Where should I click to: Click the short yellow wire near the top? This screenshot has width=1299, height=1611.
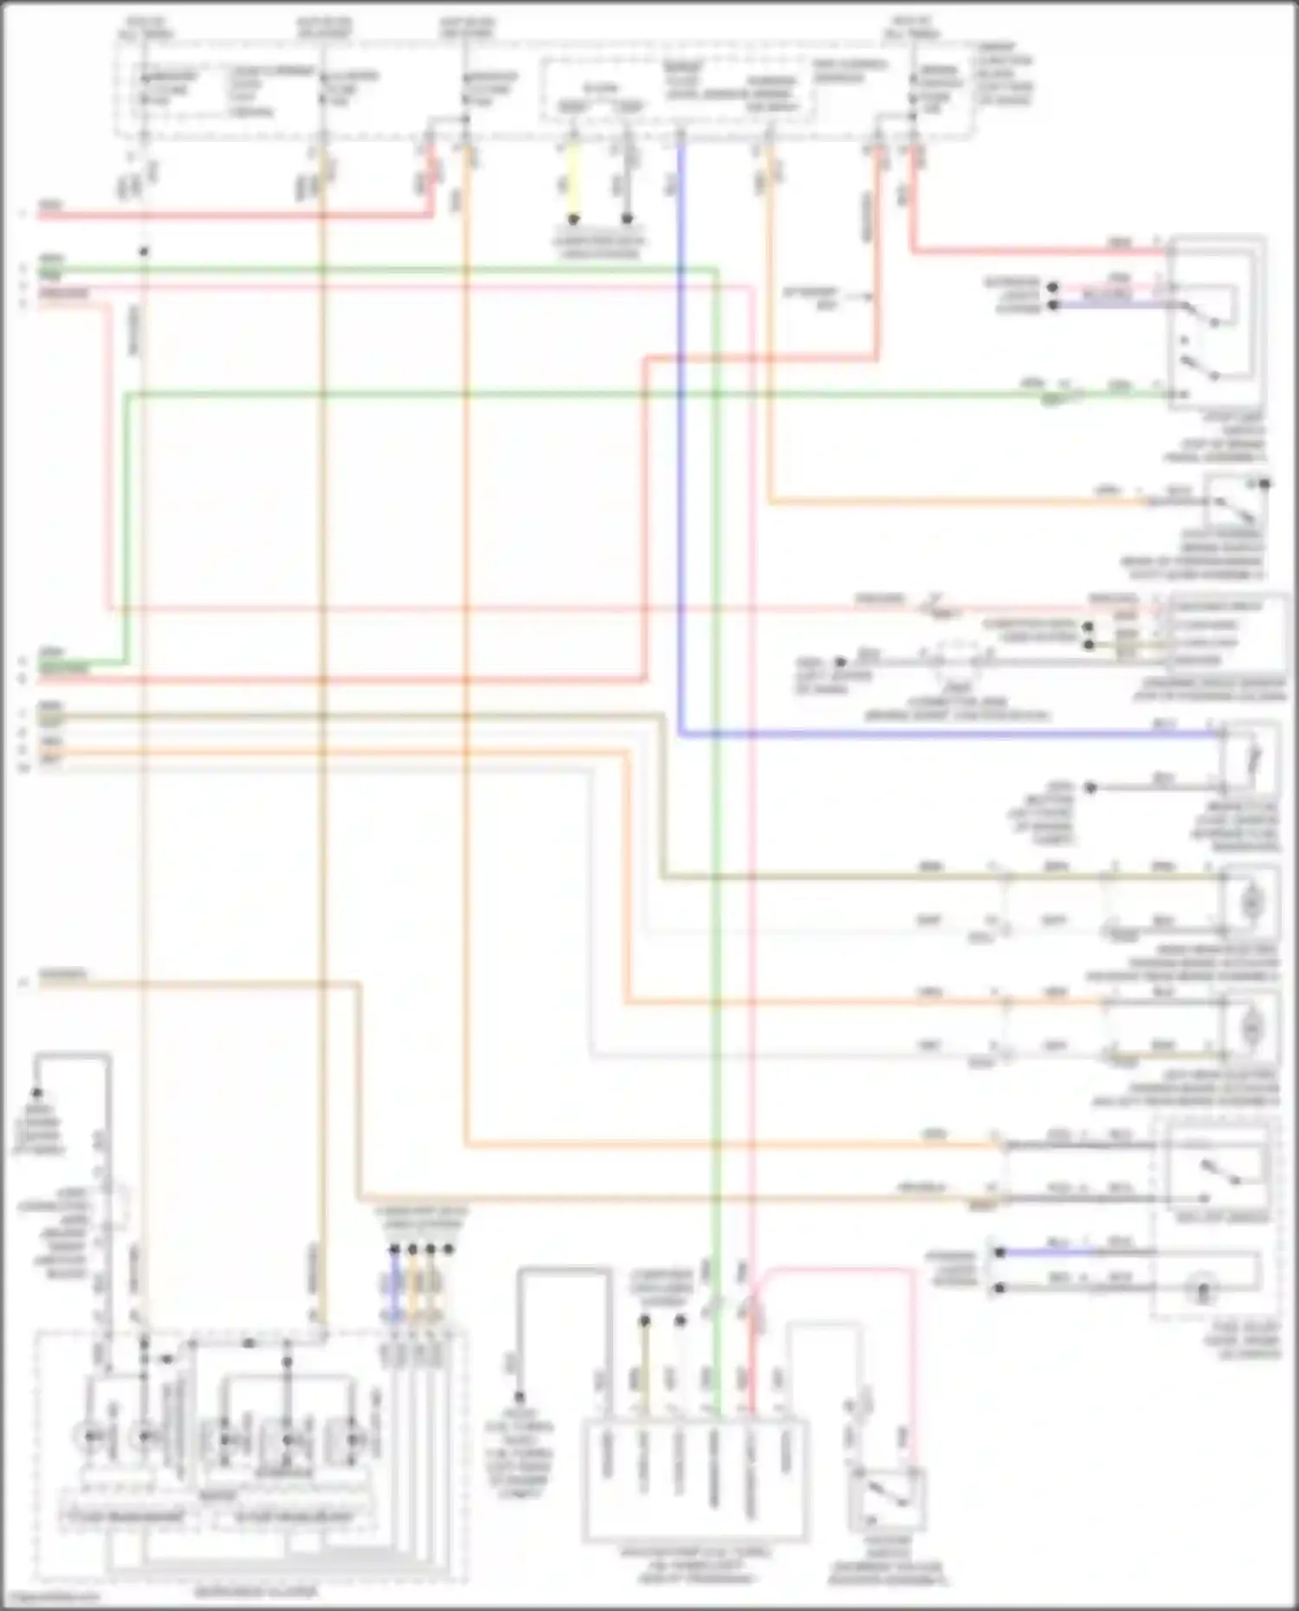tap(572, 182)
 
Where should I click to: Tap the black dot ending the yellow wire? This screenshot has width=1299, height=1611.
tap(572, 220)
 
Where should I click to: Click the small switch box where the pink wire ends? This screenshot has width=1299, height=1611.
tap(889, 1498)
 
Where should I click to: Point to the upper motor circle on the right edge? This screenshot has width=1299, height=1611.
tap(1251, 902)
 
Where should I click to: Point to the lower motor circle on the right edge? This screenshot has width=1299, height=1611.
tap(1251, 1028)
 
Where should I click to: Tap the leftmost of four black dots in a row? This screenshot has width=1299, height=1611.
tap(394, 1249)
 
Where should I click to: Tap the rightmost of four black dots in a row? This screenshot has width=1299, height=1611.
tap(448, 1249)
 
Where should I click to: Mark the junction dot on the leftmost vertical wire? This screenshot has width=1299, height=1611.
tap(144, 252)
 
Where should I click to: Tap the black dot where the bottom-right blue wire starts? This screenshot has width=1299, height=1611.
tap(999, 1253)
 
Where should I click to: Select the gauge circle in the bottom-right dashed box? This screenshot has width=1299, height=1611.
tap(1202, 1290)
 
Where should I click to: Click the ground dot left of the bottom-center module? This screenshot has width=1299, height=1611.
tap(519, 1397)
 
